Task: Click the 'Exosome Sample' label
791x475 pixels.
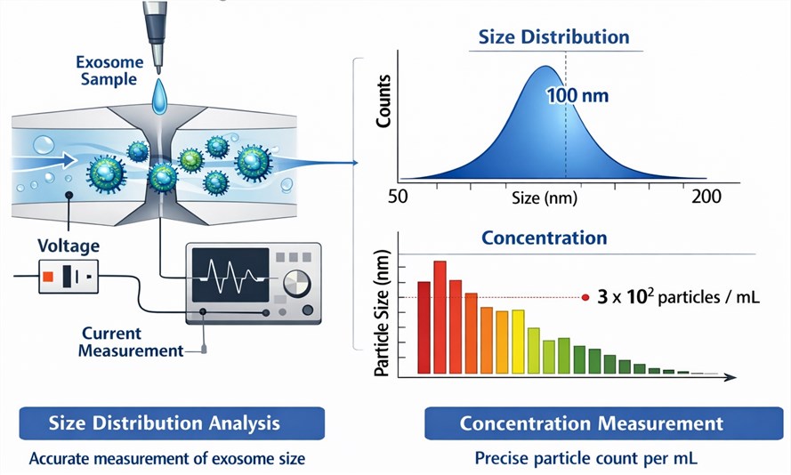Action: pyautogui.click(x=109, y=70)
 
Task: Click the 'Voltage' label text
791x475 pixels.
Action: pyautogui.click(x=69, y=246)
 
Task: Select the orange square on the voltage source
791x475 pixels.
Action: pyautogui.click(x=48, y=277)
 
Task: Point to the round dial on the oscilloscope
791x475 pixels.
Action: pyautogui.click(x=296, y=284)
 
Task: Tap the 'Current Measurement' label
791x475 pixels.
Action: pyautogui.click(x=131, y=342)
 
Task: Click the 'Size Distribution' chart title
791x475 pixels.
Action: pyautogui.click(x=554, y=36)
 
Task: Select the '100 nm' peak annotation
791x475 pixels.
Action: pyautogui.click(x=577, y=95)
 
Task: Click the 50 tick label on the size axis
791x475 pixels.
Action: pyautogui.click(x=398, y=197)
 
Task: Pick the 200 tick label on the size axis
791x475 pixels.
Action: pyautogui.click(x=706, y=197)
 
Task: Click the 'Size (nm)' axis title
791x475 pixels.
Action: pyautogui.click(x=545, y=197)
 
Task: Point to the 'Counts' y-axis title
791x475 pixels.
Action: pyautogui.click(x=383, y=101)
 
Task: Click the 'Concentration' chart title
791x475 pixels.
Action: pyautogui.click(x=545, y=237)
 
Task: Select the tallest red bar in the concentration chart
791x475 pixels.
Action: pyautogui.click(x=440, y=318)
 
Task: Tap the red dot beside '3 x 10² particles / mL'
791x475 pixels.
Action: pyautogui.click(x=585, y=297)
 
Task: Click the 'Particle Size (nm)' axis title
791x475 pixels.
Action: pyautogui.click(x=382, y=312)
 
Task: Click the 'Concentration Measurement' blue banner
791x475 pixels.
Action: pyautogui.click(x=604, y=423)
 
